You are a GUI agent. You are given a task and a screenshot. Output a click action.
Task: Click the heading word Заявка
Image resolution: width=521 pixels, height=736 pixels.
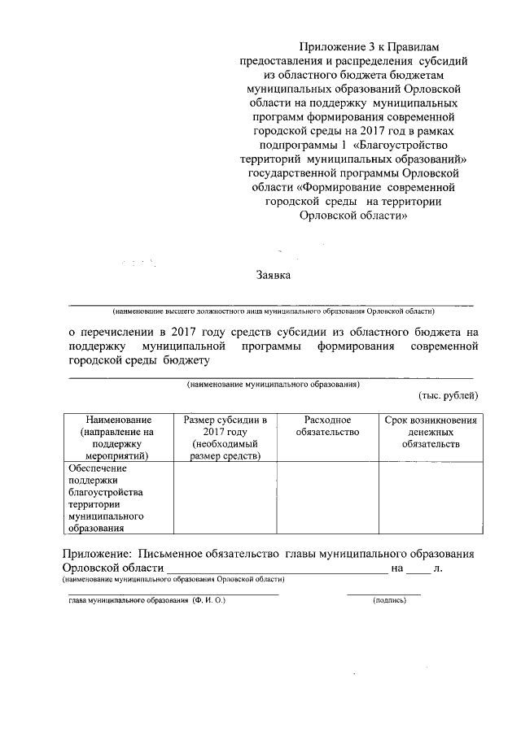pyautogui.click(x=274, y=276)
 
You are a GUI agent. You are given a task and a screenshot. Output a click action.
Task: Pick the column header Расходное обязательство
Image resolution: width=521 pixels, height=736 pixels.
pyautogui.click(x=327, y=425)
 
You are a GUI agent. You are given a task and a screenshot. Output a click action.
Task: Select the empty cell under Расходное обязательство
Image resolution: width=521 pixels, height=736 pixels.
pyautogui.click(x=327, y=499)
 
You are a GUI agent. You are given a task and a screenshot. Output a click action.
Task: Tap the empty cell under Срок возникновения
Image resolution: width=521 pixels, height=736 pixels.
pyautogui.click(x=430, y=499)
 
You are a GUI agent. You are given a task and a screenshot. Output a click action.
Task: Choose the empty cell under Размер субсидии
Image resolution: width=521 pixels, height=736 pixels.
pyautogui.click(x=225, y=499)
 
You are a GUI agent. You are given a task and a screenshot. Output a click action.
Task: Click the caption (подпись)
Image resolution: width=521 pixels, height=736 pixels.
pyautogui.click(x=388, y=600)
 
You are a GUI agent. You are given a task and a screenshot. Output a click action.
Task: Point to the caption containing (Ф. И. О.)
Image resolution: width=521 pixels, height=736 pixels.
pyautogui.click(x=147, y=600)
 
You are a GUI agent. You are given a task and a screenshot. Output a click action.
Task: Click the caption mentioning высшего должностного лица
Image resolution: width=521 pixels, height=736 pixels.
pyautogui.click(x=274, y=311)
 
